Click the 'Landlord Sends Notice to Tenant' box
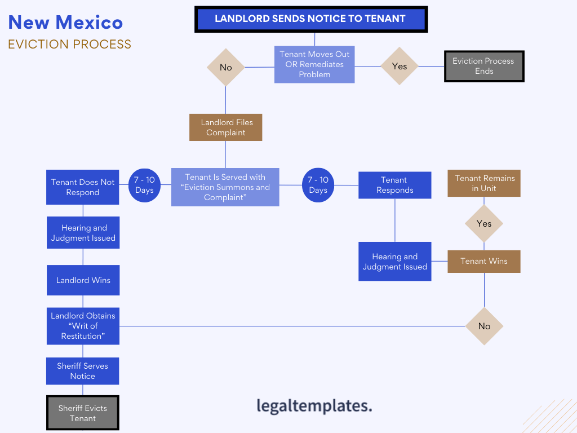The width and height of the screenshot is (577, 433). (x=311, y=19)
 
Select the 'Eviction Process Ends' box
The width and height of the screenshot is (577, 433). (x=484, y=67)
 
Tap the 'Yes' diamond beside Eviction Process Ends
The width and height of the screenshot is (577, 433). (x=400, y=67)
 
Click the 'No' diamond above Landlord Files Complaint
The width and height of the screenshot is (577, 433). (x=225, y=67)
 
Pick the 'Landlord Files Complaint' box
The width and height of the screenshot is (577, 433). (x=225, y=127)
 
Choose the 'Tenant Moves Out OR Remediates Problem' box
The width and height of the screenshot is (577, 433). (x=314, y=64)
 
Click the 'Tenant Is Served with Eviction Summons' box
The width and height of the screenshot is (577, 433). (x=225, y=187)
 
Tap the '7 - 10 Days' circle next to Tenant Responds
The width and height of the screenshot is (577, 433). (x=318, y=185)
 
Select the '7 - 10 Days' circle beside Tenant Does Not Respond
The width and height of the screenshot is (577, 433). (x=144, y=185)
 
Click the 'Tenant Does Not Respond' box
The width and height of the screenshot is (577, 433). (x=83, y=187)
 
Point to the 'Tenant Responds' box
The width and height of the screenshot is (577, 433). (x=394, y=185)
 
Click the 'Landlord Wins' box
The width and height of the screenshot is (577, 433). (x=83, y=280)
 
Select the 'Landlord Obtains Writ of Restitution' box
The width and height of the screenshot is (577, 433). (x=83, y=326)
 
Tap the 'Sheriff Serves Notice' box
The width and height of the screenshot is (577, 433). (x=83, y=371)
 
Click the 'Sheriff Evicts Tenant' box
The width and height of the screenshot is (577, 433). (x=83, y=413)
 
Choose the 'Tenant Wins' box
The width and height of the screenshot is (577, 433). (x=483, y=261)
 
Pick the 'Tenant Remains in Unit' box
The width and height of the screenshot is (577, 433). (x=483, y=183)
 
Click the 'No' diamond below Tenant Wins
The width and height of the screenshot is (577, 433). (x=484, y=326)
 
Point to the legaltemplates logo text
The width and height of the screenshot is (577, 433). (x=314, y=405)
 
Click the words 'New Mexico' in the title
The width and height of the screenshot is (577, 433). (x=65, y=23)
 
